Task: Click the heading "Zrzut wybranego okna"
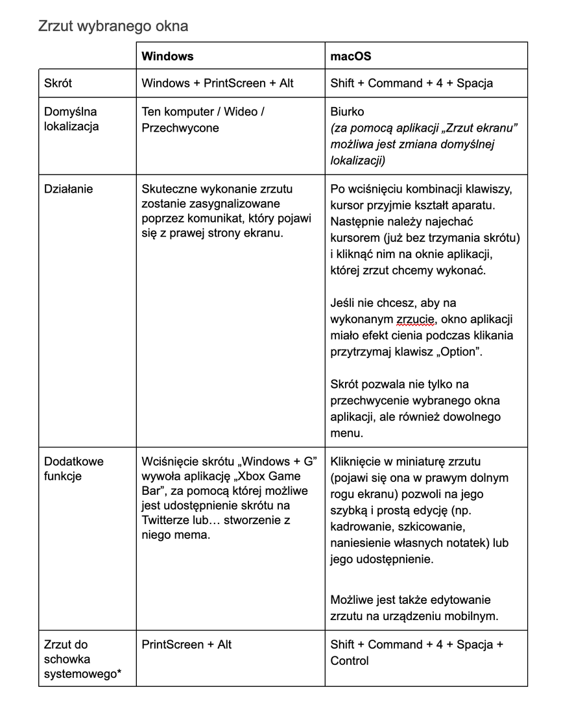(x=113, y=27)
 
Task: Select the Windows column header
(x=167, y=56)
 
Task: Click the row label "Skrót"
(x=58, y=83)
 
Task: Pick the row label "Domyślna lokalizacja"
(x=71, y=119)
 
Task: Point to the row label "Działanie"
(x=68, y=189)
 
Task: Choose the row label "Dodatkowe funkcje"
(x=73, y=469)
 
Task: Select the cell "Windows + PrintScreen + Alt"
(x=217, y=83)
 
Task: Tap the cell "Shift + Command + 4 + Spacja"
(x=411, y=83)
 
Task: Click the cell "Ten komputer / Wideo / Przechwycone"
(x=202, y=119)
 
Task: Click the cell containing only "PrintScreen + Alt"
(x=186, y=644)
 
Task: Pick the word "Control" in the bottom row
(x=350, y=661)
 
